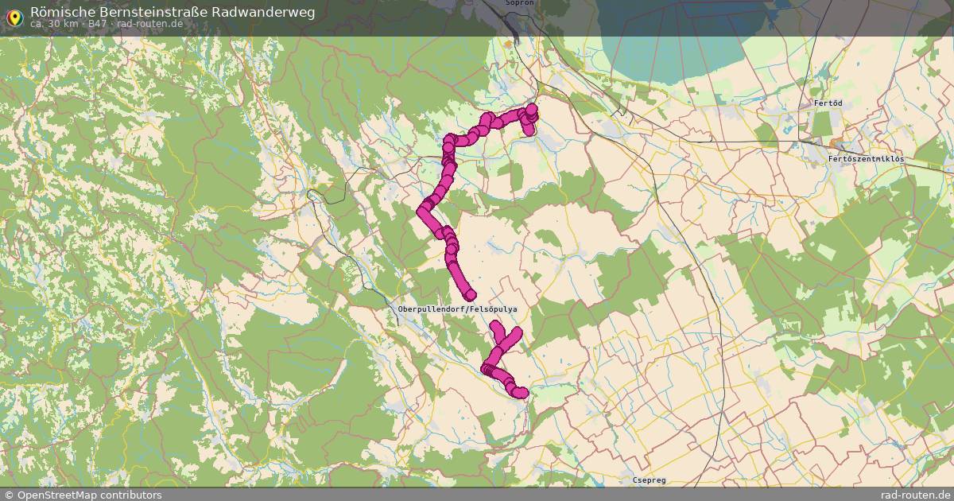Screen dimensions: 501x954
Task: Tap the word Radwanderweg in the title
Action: [x=263, y=12]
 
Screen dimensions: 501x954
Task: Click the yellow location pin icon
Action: [x=14, y=15]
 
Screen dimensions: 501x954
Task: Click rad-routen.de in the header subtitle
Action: [x=149, y=24]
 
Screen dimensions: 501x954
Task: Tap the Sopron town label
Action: [x=519, y=3]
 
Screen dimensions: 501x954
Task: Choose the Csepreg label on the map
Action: [x=649, y=480]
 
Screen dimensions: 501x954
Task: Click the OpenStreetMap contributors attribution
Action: [x=83, y=495]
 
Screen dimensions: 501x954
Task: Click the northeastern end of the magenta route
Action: [x=532, y=110]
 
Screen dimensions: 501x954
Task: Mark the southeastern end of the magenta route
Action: [x=521, y=392]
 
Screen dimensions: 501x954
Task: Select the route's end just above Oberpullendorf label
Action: [x=470, y=295]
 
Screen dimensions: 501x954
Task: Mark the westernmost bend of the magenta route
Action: [x=423, y=211]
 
